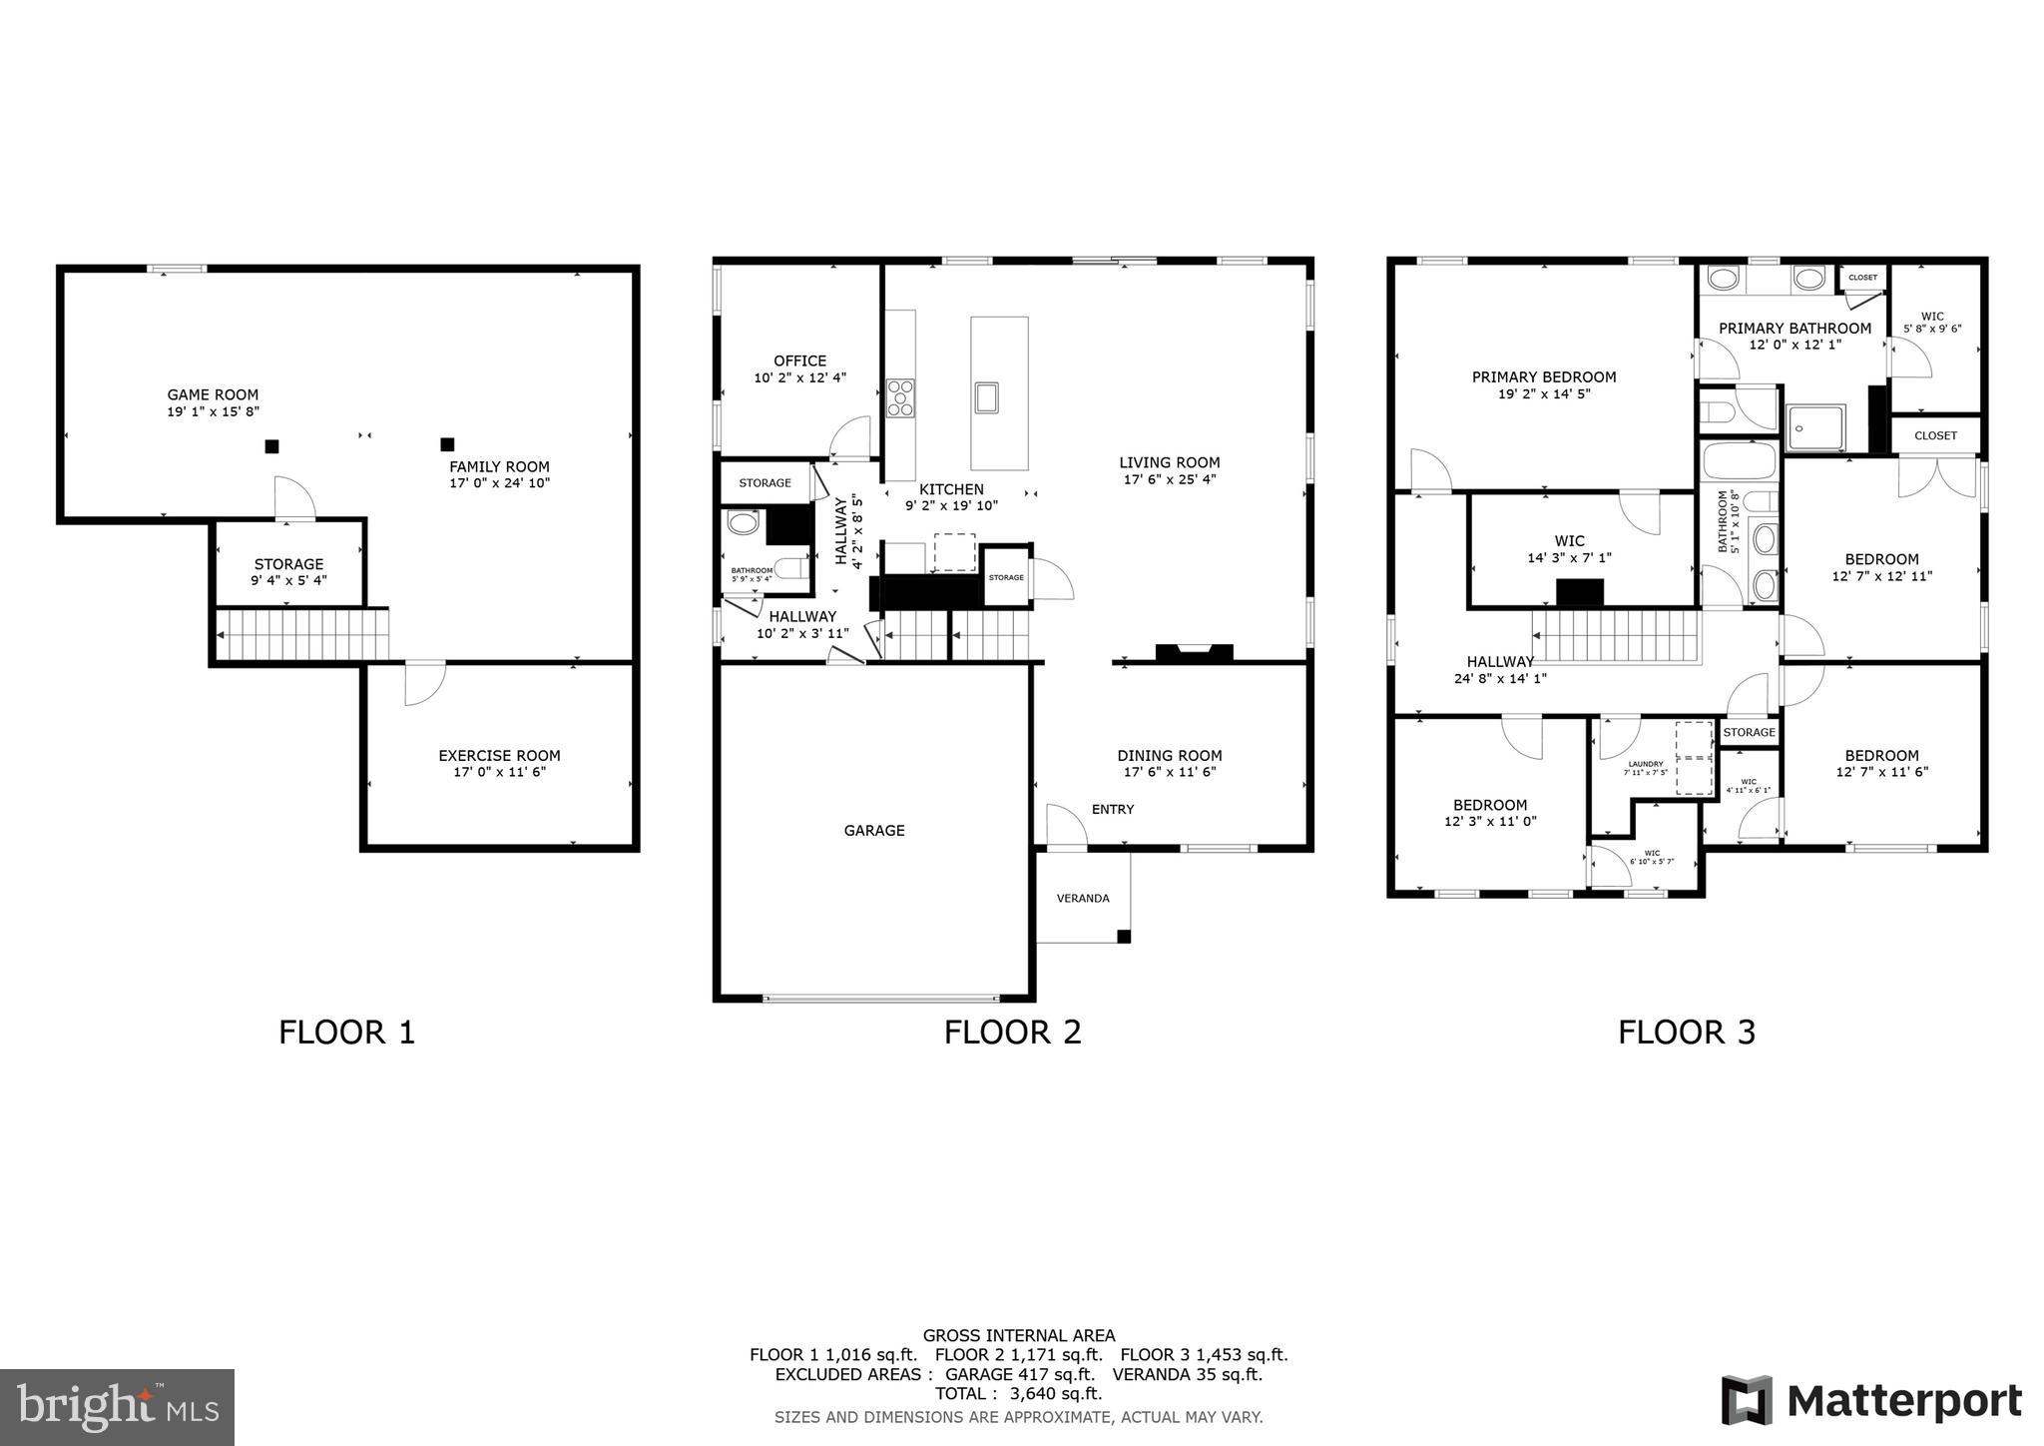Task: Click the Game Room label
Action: tap(213, 394)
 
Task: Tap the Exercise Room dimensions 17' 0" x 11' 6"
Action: tap(499, 772)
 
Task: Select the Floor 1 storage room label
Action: tap(288, 564)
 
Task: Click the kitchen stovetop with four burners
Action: tap(901, 397)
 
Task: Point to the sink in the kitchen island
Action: tap(987, 397)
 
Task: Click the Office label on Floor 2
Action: tap(799, 361)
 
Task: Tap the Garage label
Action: tap(874, 830)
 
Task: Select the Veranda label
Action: tap(1083, 898)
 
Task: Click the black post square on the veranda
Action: tap(1123, 937)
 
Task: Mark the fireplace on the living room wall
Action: tap(1194, 652)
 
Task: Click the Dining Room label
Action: tap(1169, 756)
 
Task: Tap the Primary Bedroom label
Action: tap(1543, 377)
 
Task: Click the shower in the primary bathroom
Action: tap(1814, 427)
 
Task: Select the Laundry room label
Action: tap(1645, 764)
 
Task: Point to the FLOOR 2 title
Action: tap(1012, 1032)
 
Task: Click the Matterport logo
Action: tap(1870, 1400)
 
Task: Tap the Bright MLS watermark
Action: tap(118, 1407)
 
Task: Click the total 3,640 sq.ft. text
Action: tap(1018, 1393)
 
